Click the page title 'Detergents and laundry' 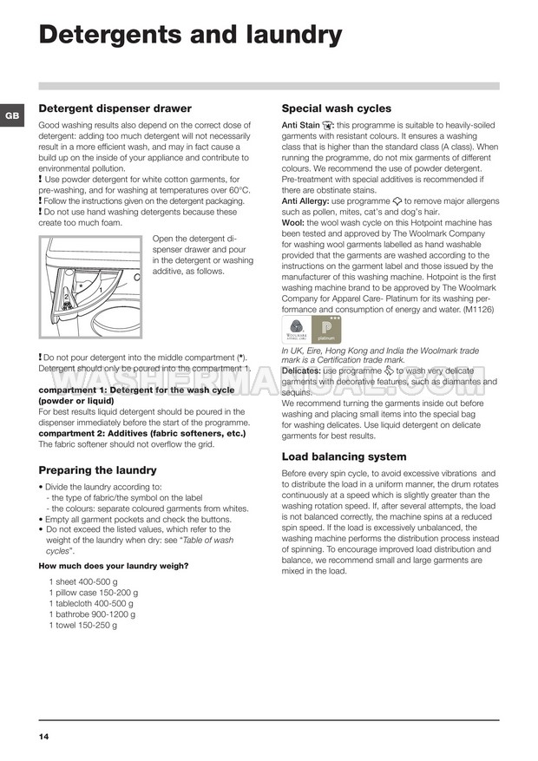pyautogui.click(x=191, y=35)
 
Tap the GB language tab pyautogui.click(x=11, y=115)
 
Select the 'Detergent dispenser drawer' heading pyautogui.click(x=115, y=109)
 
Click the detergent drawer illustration pyautogui.click(x=91, y=286)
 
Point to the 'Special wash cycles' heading pyautogui.click(x=337, y=109)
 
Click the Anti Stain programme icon pyautogui.click(x=327, y=126)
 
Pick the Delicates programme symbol pyautogui.click(x=388, y=371)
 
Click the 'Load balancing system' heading pyautogui.click(x=344, y=456)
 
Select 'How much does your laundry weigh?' pyautogui.click(x=114, y=566)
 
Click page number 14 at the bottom pyautogui.click(x=44, y=737)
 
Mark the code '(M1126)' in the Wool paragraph pyautogui.click(x=478, y=309)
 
